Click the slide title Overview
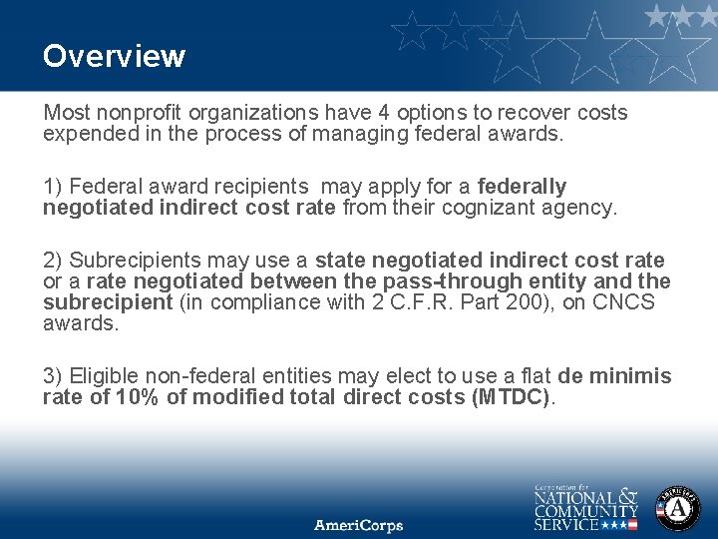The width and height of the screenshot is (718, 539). click(x=114, y=56)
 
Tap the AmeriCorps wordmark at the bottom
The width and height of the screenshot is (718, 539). click(x=359, y=525)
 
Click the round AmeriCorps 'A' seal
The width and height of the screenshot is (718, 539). click(x=677, y=508)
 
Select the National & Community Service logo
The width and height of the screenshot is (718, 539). click(x=585, y=507)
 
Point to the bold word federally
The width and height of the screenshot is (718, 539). click(x=522, y=187)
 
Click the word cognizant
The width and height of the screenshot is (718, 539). click(x=509, y=208)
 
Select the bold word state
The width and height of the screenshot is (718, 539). click(x=340, y=261)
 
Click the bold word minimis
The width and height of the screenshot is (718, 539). click(x=630, y=376)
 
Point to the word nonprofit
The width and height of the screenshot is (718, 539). click(x=139, y=113)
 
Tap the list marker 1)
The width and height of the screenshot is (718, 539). click(x=53, y=187)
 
